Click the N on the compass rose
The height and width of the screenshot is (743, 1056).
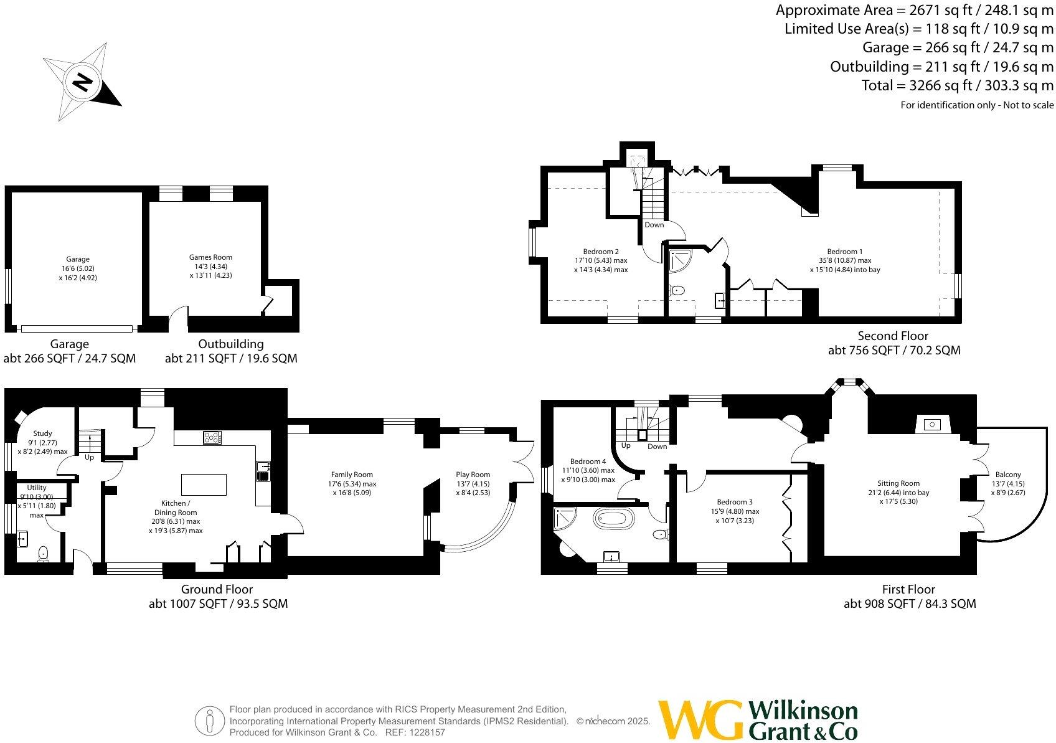pyautogui.click(x=82, y=82)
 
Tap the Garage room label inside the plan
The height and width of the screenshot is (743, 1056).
pyautogui.click(x=78, y=259)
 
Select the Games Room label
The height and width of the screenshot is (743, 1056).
pyautogui.click(x=210, y=257)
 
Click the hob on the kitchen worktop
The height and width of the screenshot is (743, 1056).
pyautogui.click(x=212, y=438)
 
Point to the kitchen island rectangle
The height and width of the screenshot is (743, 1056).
pyautogui.click(x=204, y=485)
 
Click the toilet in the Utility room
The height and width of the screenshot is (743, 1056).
pyautogui.click(x=44, y=553)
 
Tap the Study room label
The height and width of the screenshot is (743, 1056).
pyautogui.click(x=42, y=433)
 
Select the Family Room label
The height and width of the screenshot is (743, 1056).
pyautogui.click(x=352, y=475)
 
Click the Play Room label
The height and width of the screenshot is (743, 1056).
pyautogui.click(x=473, y=475)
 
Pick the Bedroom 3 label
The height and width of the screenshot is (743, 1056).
pyautogui.click(x=735, y=502)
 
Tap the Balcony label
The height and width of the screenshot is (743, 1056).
pyautogui.click(x=1007, y=475)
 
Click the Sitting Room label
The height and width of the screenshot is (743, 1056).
pyautogui.click(x=898, y=483)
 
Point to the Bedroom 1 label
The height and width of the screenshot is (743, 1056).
pyautogui.click(x=844, y=252)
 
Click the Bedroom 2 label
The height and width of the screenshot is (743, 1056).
pyautogui.click(x=601, y=252)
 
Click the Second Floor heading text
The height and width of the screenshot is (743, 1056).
pyautogui.click(x=893, y=336)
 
